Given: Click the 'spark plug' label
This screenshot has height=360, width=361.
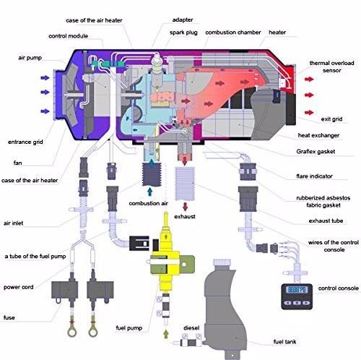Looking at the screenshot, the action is (x=183, y=33).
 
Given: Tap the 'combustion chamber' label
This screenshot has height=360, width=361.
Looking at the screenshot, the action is (x=233, y=33).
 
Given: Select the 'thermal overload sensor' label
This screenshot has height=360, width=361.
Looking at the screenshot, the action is (x=331, y=67).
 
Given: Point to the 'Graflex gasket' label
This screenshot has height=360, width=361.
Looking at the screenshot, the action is (x=316, y=152).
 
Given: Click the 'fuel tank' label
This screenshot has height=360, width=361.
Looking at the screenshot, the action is (x=284, y=342).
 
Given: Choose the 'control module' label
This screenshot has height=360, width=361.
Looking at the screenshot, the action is (x=68, y=36).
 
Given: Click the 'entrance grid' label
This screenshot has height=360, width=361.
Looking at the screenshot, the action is (x=25, y=142).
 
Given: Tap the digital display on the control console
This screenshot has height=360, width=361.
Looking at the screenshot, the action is (x=297, y=289).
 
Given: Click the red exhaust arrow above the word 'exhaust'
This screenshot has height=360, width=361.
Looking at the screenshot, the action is (x=185, y=207).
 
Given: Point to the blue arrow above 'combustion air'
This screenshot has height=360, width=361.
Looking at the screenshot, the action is (x=149, y=192).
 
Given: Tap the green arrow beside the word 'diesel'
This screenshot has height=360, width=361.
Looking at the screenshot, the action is (x=166, y=334).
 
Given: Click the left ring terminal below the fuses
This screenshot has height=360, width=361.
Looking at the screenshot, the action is (x=72, y=333).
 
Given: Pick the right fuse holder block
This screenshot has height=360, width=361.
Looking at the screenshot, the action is (x=100, y=291).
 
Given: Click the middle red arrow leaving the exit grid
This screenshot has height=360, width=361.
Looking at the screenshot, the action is (x=309, y=95).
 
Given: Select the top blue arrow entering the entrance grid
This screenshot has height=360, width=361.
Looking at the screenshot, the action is (x=45, y=78).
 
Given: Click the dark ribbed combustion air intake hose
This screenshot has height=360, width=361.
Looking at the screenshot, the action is (x=151, y=175).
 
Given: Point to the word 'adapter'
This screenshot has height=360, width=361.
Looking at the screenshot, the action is (x=183, y=20).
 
